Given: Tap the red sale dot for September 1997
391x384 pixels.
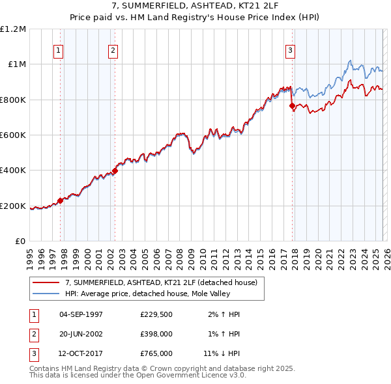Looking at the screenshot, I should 61,200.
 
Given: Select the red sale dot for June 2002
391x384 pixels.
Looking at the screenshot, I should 115,171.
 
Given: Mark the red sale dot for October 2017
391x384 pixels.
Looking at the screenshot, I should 292,105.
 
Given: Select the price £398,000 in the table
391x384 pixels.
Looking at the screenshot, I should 156,334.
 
